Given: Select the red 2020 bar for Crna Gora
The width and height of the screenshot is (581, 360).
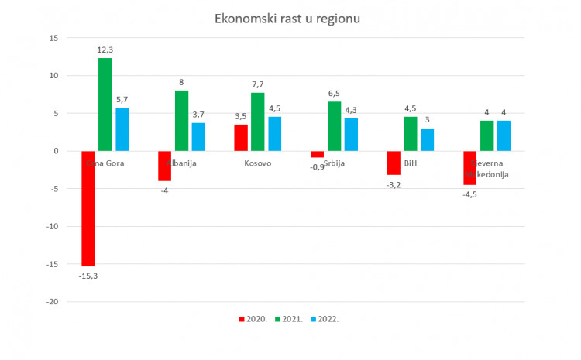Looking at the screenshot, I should pos(88,208).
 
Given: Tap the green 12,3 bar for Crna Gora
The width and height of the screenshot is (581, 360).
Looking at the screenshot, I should pos(105,105).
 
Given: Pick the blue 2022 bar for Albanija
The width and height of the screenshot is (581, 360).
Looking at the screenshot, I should pos(198,137).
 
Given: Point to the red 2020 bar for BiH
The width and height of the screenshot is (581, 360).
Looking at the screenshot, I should pos(393,163).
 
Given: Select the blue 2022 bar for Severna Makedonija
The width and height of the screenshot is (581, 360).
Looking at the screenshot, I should pos(504,135).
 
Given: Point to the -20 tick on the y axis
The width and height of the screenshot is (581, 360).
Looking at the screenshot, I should pos(50,302).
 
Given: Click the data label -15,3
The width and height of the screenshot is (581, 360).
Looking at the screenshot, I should pos(88,276).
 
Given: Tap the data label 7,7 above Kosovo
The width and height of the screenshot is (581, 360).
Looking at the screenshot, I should pos(257,83).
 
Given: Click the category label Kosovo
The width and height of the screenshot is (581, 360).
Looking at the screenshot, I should pos(258,163).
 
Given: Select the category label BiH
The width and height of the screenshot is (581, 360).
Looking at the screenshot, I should pos(411,163).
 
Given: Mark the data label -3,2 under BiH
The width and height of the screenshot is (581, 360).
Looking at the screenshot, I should pos(394,185).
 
